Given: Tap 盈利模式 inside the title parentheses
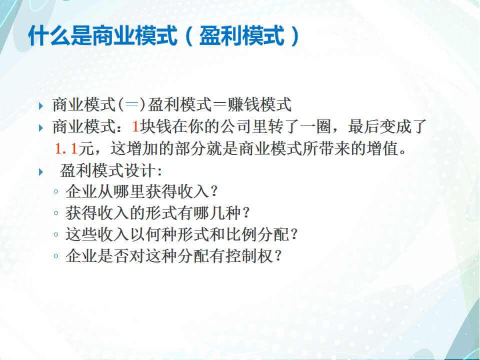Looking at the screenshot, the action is [242, 36].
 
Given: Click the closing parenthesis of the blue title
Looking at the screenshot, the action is [295, 36].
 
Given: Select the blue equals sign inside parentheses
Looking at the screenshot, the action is [131, 104].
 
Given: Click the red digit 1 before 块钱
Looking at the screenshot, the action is [135, 126].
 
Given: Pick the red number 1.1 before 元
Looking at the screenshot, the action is [66, 149].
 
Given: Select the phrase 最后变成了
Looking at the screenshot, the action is [387, 126].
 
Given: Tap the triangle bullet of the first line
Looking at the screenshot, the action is [41, 106].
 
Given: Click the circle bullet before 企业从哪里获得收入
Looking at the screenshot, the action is [55, 192].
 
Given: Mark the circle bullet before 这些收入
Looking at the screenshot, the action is [55, 235].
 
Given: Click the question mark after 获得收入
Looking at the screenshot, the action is [214, 191].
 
